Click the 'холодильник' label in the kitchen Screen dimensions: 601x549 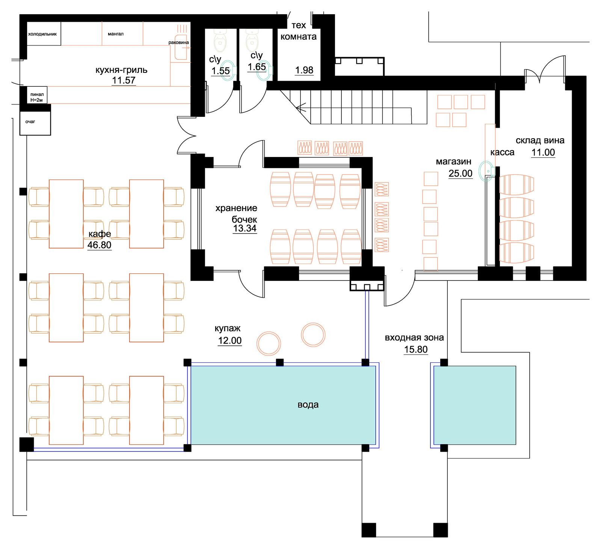(x=42, y=34)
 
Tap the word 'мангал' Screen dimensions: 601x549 (x=116, y=34)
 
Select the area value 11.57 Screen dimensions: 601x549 (x=124, y=80)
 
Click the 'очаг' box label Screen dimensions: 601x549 (x=30, y=122)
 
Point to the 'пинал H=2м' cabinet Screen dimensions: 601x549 (x=37, y=97)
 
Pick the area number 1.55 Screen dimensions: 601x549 (x=220, y=71)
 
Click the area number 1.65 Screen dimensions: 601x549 (x=257, y=67)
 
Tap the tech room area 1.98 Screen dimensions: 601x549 (x=304, y=70)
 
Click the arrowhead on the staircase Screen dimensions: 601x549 (x=300, y=108)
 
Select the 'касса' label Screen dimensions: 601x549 (x=502, y=152)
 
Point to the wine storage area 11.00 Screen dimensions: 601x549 (x=543, y=152)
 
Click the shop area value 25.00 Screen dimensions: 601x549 (x=461, y=173)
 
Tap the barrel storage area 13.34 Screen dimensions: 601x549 (x=245, y=228)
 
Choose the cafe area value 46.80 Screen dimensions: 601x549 (x=100, y=245)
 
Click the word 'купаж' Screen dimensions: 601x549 (x=228, y=328)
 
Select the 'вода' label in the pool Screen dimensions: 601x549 (x=308, y=404)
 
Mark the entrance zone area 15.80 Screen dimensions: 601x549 (x=416, y=349)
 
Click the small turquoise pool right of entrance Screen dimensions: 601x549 (x=475, y=405)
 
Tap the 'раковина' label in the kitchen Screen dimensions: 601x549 (x=179, y=42)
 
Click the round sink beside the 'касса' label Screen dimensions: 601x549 (x=486, y=171)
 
